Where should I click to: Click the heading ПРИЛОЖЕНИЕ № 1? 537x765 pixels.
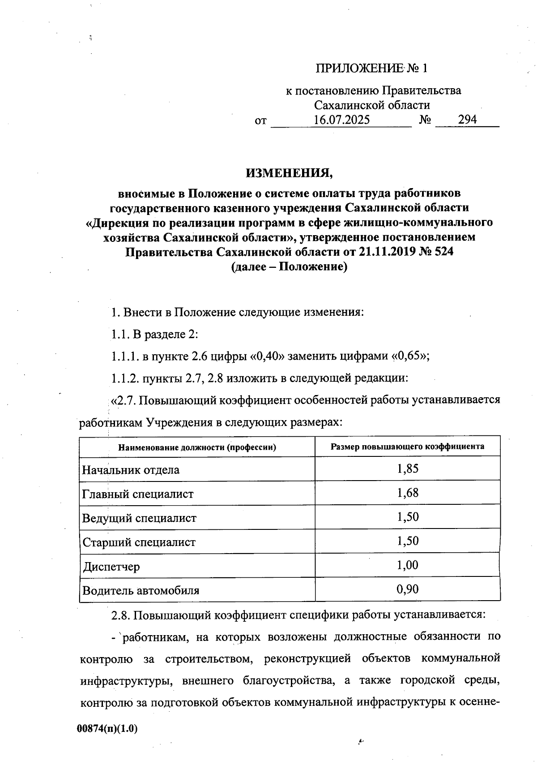(372, 69)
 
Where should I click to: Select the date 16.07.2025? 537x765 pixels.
(341, 120)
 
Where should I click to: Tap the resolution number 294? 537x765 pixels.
(467, 120)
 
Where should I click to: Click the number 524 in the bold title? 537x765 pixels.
(442, 252)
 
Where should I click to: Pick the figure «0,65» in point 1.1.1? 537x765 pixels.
(409, 357)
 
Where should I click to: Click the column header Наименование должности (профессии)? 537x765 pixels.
(197, 447)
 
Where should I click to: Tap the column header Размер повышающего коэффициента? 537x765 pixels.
(407, 447)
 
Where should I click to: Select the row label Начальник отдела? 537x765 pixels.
(131, 470)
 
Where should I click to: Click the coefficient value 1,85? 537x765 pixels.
(408, 469)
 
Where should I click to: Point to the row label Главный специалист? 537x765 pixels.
(138, 494)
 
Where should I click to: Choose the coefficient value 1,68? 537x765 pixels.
(408, 493)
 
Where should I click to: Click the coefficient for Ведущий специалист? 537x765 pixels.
(408, 517)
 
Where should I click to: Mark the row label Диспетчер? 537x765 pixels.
(111, 567)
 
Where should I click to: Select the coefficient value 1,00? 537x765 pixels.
(408, 565)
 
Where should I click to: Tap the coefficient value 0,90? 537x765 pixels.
(408, 589)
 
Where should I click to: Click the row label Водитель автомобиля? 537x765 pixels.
(141, 591)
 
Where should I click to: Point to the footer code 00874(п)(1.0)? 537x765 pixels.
(107, 729)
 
